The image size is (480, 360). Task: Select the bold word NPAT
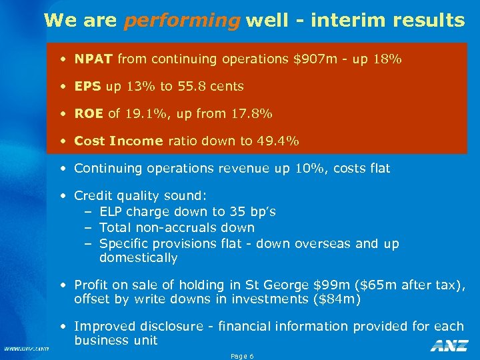pyautogui.click(x=93, y=59)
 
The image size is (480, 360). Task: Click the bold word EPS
pyautogui.click(x=87, y=86)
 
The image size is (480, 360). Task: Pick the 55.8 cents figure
pyautogui.click(x=211, y=86)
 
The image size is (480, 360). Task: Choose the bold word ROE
pyautogui.click(x=89, y=113)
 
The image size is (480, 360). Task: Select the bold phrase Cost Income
pyautogui.click(x=119, y=141)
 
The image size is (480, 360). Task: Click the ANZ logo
pyautogui.click(x=449, y=345)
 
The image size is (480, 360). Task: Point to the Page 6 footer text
pyautogui.click(x=242, y=356)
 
